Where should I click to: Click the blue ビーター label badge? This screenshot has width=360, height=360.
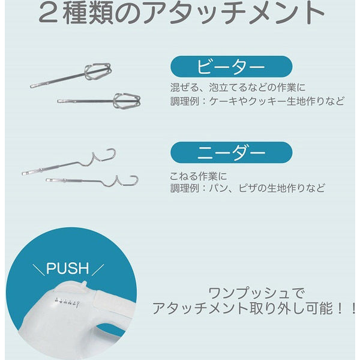coord(231,67)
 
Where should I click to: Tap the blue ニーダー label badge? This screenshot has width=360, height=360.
coord(231,152)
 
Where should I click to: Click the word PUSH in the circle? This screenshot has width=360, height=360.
coord(67,268)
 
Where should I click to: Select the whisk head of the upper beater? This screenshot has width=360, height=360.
coord(98,71)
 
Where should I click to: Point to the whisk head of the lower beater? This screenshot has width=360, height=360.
coord(127,101)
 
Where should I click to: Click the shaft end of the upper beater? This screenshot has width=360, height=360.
coord(32,86)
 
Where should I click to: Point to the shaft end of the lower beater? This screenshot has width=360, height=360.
coord(59,101)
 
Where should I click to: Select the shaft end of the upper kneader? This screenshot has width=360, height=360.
coord(23,173)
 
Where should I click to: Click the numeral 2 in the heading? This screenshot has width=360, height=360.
coord(48,13)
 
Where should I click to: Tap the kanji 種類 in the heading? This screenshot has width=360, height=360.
coord(88,13)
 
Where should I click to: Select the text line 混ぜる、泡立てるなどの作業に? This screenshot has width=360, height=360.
coord(238,88)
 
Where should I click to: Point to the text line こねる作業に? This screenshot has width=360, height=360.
coord(198,176)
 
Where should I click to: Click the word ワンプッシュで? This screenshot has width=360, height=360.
coord(257,293)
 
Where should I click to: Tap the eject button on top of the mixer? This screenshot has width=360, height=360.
coord(84,283)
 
